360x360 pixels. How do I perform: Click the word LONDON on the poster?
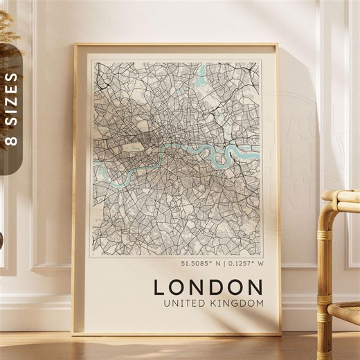pyautogui.click(x=208, y=287)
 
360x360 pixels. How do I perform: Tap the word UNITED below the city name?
pyautogui.click(x=182, y=303)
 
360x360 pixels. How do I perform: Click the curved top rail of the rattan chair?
pyautogui.click(x=339, y=197)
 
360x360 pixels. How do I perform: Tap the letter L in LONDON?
pyautogui.click(x=159, y=287)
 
